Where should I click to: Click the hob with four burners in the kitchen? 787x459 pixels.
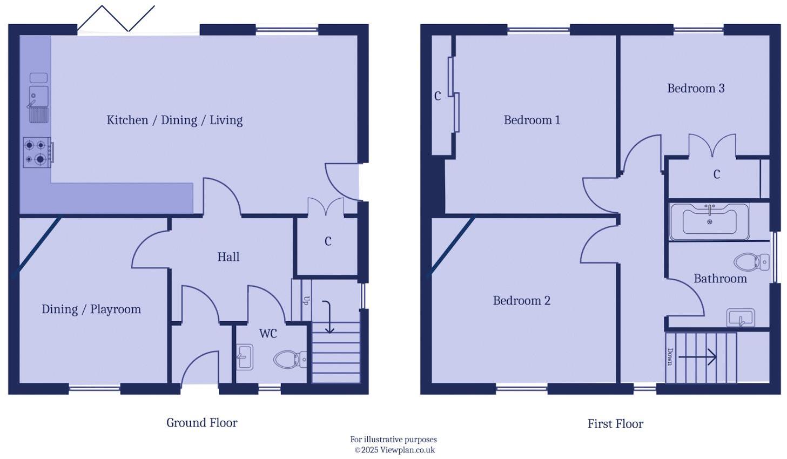(37, 152)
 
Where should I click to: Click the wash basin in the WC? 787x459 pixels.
(245, 357)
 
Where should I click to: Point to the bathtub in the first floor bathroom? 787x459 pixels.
(709, 221)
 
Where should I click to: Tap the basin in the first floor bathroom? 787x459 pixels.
(741, 318)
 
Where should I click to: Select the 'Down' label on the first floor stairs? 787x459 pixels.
(670, 357)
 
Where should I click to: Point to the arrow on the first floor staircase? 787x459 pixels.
(697, 357)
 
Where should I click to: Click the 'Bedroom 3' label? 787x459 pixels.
(696, 89)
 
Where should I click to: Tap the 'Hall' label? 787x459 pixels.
(228, 257)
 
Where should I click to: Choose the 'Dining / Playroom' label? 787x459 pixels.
(91, 309)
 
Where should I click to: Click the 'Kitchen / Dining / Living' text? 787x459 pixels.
(174, 120)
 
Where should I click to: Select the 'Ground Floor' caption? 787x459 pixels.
(201, 423)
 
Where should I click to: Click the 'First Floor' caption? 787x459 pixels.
(615, 424)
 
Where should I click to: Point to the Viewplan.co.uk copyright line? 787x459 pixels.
(394, 450)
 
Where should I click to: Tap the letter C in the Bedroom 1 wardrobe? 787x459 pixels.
(438, 96)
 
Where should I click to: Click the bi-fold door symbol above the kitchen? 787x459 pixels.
(116, 19)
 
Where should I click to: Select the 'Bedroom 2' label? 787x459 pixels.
(521, 301)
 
